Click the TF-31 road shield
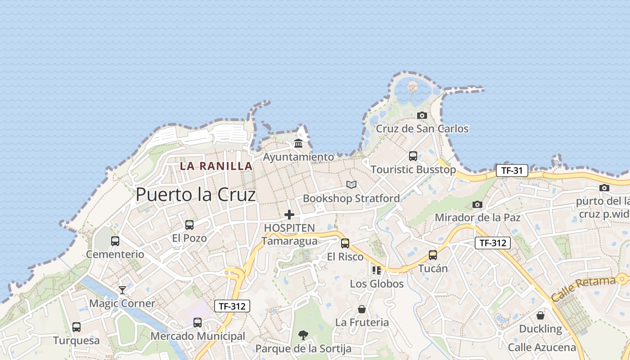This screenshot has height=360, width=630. coord(512,171)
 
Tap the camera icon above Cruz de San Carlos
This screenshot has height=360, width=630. coord(422,116)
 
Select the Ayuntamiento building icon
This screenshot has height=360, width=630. coord(298,144)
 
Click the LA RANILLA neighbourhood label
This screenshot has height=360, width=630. coord(216,166)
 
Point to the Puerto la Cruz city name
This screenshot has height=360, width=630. coord(196,194)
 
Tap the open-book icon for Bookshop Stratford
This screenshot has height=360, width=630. coord(351,184)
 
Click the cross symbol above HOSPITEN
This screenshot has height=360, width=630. coord(289,215)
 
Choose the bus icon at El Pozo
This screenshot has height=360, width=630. coord(189,225)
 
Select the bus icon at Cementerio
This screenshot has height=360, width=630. coord(115,241)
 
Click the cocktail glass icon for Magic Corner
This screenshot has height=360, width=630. coord(122,290)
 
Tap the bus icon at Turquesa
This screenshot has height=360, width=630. coord(76,327)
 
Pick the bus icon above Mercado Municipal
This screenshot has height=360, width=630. coord(198,323)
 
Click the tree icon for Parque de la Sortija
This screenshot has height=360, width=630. coord(303,335)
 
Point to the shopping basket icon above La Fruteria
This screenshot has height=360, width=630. coord(362,309)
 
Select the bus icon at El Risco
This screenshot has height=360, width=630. coord(345,243)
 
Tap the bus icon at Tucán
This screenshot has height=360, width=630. coord(433,255)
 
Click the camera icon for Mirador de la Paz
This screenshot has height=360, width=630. coord(477,205)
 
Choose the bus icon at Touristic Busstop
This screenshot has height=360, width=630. coord(413,156)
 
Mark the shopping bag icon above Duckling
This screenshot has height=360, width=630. coord(540,315)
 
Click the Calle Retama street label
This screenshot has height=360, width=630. coord(583,289)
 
